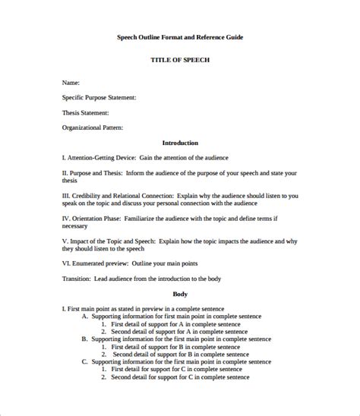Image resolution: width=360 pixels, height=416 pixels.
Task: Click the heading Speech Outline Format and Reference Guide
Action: coord(180,36)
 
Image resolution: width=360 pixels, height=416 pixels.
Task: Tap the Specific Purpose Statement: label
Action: coord(99,96)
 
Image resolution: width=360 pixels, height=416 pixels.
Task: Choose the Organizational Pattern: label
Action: coord(93,128)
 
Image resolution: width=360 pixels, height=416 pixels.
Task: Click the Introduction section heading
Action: coord(180,143)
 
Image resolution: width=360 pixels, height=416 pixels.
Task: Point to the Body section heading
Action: coord(180,294)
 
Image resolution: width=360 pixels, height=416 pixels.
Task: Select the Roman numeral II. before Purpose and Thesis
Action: coord(65,174)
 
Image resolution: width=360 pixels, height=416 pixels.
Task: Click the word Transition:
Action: coord(77,279)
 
